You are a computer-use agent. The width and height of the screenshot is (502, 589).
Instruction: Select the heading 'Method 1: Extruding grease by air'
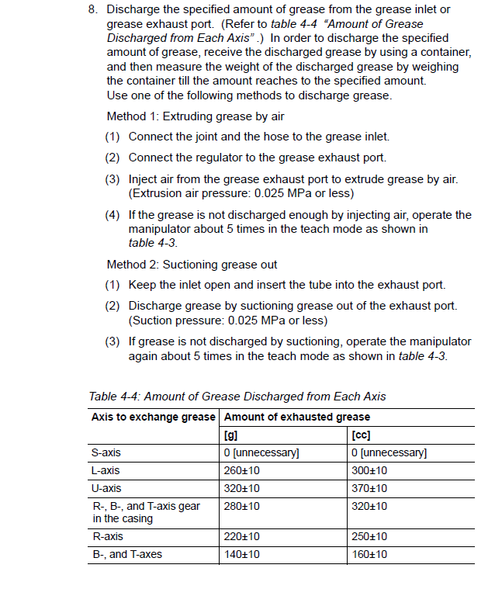(196, 116)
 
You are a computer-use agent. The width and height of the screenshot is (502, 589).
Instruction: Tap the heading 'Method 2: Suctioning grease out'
(192, 265)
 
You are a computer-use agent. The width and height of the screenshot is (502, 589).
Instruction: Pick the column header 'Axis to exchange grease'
(153, 417)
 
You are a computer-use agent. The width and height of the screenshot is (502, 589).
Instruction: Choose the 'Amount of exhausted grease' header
(286, 417)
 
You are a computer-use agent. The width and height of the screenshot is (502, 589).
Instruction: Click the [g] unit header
(230, 435)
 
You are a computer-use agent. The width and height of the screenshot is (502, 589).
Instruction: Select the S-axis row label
(106, 452)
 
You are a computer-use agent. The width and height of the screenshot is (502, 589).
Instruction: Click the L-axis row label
(106, 470)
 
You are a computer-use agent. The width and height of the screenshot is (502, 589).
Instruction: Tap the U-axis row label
(106, 488)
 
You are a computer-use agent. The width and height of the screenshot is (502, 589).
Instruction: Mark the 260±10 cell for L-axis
(241, 470)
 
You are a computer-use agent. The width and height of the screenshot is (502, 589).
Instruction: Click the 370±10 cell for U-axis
(369, 488)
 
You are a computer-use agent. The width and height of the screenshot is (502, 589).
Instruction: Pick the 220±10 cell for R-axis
(241, 536)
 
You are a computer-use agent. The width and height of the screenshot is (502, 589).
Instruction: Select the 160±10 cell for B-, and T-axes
(369, 554)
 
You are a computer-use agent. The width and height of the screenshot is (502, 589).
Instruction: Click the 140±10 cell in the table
(241, 554)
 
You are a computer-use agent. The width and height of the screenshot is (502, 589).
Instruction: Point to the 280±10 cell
(241, 506)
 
